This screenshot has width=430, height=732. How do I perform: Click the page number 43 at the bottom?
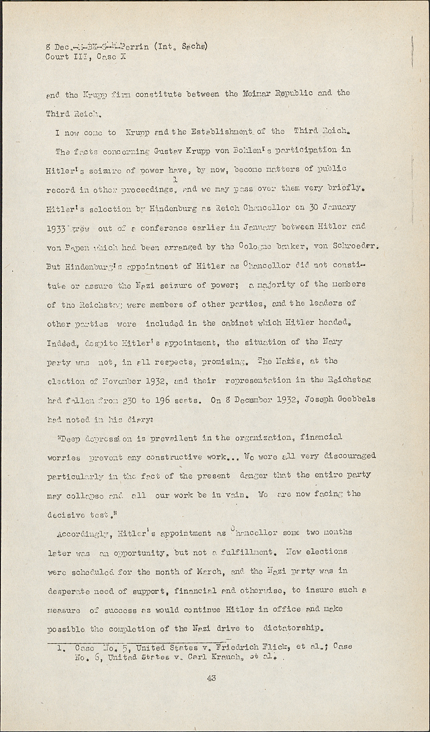(x=211, y=678)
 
